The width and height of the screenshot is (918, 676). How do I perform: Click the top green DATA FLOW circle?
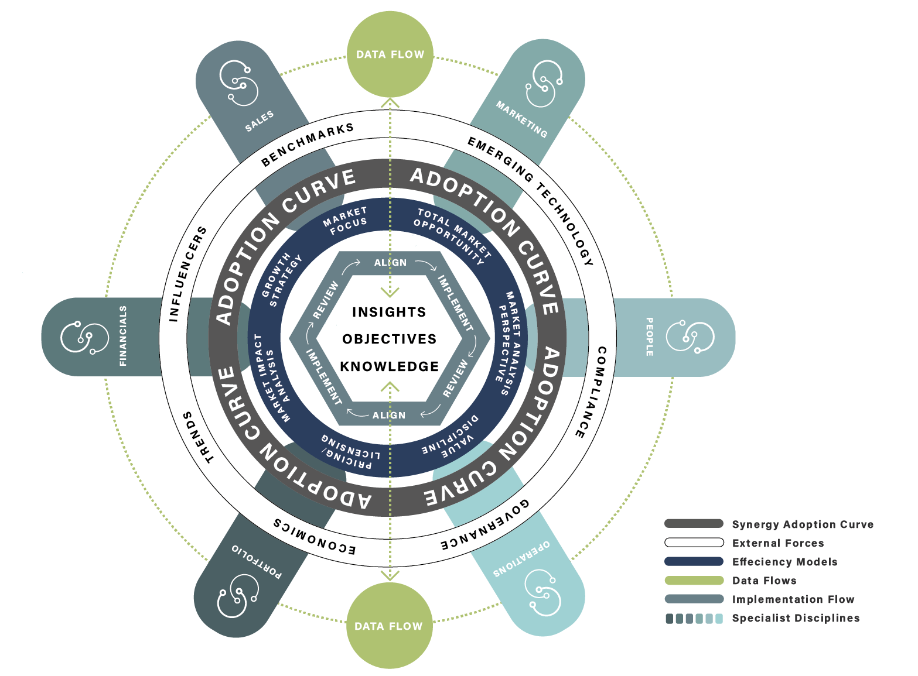[390, 54]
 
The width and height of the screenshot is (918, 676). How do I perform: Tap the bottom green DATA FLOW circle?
[389, 626]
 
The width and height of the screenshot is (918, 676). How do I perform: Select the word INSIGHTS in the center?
[389, 312]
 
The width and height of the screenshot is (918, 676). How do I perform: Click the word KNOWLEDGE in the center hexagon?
[389, 366]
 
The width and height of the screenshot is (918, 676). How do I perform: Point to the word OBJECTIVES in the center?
[389, 339]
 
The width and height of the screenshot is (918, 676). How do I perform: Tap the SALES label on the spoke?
[260, 121]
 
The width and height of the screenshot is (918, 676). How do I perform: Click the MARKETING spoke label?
[521, 119]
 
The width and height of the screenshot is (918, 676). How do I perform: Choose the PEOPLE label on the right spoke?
[649, 337]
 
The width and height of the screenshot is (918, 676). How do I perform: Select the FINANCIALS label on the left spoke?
[123, 336]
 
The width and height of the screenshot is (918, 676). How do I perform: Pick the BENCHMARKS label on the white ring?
[308, 144]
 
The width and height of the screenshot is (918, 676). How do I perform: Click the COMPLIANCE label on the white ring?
[591, 392]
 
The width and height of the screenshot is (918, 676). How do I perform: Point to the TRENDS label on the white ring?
[199, 437]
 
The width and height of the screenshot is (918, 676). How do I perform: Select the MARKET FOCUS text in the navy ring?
[346, 221]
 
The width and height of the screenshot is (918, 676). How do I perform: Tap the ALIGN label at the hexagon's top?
[390, 263]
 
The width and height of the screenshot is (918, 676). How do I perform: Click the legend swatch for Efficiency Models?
[694, 561]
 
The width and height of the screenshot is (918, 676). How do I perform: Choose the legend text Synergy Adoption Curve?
[803, 524]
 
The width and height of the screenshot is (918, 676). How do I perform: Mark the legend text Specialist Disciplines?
[796, 618]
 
